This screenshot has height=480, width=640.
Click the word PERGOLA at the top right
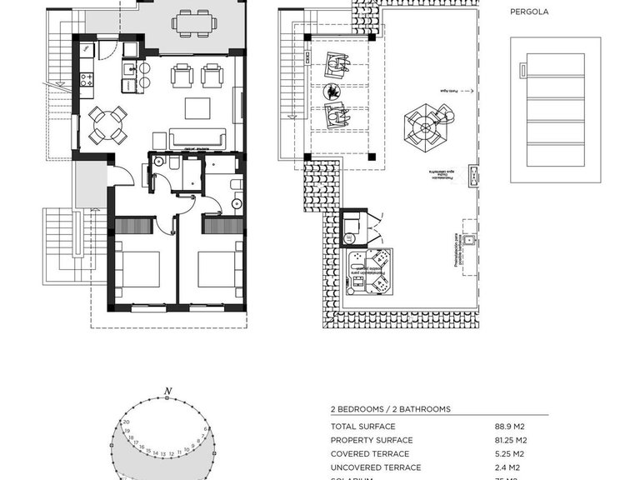click(x=529, y=12)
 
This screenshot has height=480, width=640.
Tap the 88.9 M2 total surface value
click(x=511, y=425)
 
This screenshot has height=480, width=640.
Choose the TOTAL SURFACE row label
click(x=362, y=425)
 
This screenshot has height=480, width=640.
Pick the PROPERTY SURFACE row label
click(x=371, y=439)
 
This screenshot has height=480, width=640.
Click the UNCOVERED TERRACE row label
click(x=375, y=467)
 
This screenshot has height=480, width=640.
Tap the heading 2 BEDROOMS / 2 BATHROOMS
click(x=390, y=409)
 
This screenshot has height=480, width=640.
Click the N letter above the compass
click(x=167, y=391)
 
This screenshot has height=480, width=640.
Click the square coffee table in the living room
click(x=197, y=108)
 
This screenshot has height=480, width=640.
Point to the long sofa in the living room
click(x=197, y=139)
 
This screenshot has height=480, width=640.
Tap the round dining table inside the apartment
click(x=109, y=125)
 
